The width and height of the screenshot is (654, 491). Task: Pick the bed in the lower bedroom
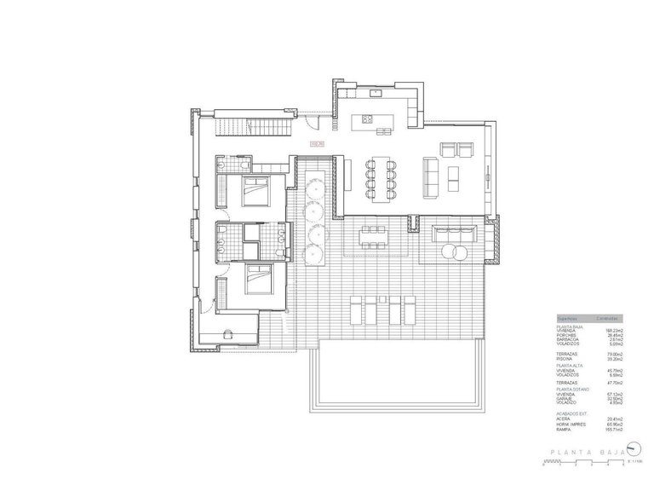(255, 279)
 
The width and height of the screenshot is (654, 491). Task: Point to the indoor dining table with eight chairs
(377, 177)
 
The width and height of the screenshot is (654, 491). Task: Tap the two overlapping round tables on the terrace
(452, 253)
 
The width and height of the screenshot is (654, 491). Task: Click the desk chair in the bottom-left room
(228, 334)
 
